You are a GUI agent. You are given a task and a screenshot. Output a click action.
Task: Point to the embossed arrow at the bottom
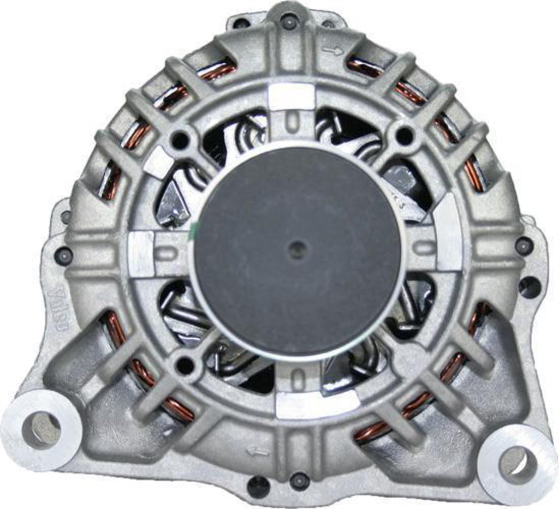click(258, 451)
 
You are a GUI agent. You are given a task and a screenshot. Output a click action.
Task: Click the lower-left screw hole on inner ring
click(186, 363)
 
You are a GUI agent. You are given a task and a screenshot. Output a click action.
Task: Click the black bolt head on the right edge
click(524, 247)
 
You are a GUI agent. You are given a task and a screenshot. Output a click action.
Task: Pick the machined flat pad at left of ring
click(141, 253)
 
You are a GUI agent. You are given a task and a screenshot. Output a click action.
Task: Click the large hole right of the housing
click(529, 287)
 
